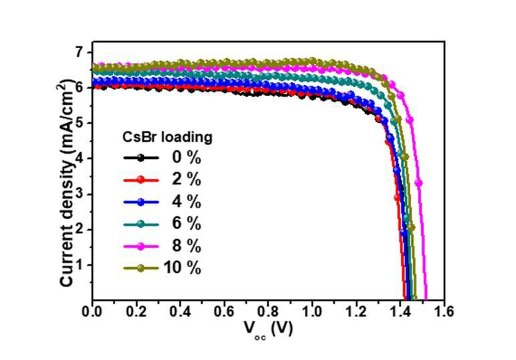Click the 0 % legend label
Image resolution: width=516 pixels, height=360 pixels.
pyautogui.click(x=186, y=158)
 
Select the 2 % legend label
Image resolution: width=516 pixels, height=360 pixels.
pyautogui.click(x=186, y=180)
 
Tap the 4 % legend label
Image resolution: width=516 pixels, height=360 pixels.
pyautogui.click(x=186, y=202)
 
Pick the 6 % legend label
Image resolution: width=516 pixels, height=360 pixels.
pyautogui.click(x=186, y=224)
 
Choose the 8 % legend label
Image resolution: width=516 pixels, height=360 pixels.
pyautogui.click(x=186, y=246)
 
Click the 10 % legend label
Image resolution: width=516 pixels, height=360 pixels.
pyautogui.click(x=182, y=268)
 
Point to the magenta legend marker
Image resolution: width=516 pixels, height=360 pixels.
pyautogui.click(x=141, y=246)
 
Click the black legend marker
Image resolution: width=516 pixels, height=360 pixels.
pyautogui.click(x=141, y=158)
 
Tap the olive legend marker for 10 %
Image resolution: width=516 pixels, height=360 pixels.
pyautogui.click(x=141, y=268)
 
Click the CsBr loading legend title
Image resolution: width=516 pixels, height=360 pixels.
pyautogui.click(x=167, y=137)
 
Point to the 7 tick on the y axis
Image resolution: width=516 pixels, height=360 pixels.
pyautogui.click(x=81, y=53)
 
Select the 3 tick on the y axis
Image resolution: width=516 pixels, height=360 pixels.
pyautogui.click(x=81, y=194)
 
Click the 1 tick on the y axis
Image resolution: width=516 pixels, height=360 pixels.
pyautogui.click(x=81, y=265)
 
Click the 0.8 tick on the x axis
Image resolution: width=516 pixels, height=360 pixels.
pyautogui.click(x=268, y=311)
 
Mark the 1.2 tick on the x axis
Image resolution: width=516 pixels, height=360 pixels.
pyautogui.click(x=356, y=311)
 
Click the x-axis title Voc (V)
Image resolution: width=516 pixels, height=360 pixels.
pyautogui.click(x=268, y=330)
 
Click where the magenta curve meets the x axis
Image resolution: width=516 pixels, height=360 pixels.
pyautogui.click(x=426, y=299)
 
